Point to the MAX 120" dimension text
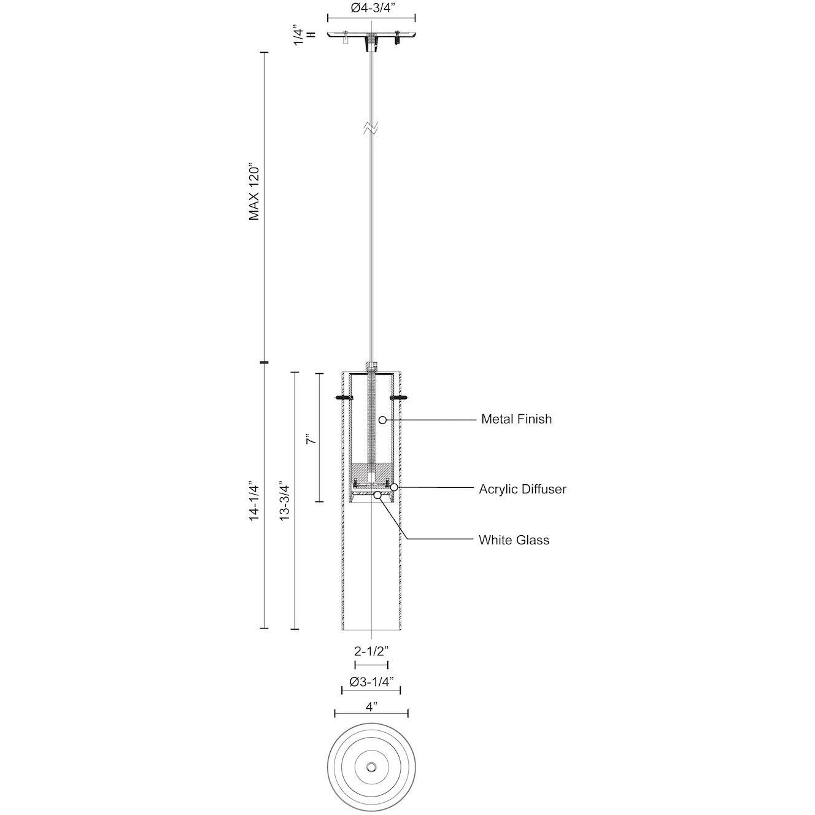tap(255, 192)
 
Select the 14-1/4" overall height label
tap(255, 500)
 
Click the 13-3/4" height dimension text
tap(285, 500)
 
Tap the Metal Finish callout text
tap(516, 420)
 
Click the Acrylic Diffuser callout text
tap(522, 489)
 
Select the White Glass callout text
tap(514, 540)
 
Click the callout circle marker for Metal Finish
tap(382, 420)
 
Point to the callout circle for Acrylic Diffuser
tap(395, 487)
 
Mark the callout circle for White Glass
tap(377, 495)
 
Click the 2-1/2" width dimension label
tap(371, 652)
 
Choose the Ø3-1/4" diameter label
tap(371, 682)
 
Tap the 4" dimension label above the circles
tap(371, 706)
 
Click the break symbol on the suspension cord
tap(371, 128)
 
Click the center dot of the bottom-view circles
tap(371, 768)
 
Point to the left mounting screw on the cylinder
tap(344, 398)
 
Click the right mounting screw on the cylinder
tap(399, 398)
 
